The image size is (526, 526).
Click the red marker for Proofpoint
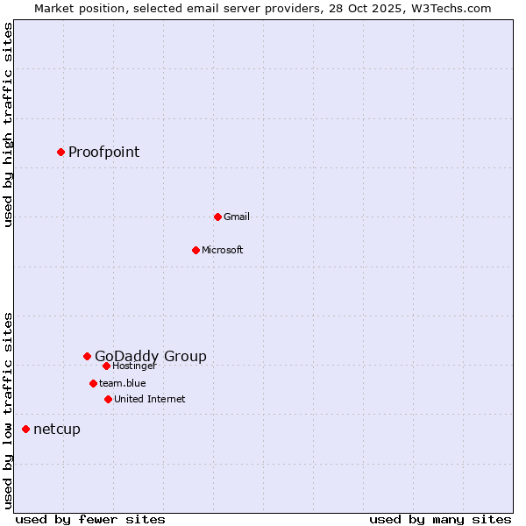pos(60,152)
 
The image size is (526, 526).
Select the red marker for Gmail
pos(217,217)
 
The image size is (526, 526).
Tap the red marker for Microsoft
pos(195,250)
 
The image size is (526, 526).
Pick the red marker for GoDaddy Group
pos(87,356)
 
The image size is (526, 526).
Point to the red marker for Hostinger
pos(106,366)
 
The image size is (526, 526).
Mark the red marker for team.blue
pos(93,383)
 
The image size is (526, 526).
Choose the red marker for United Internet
pos(108,399)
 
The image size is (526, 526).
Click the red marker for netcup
pos(25,429)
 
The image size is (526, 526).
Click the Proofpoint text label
pos(103,152)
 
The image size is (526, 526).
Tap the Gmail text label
pos(237,217)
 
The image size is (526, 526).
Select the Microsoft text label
pos(222,250)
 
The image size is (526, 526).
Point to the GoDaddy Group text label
pos(151,356)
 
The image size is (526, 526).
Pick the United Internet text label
pos(149,399)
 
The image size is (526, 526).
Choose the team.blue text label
pos(122,383)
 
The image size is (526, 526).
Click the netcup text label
pos(56,429)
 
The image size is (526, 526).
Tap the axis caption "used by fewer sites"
pos(89,519)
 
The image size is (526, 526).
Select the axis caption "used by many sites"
pos(440,519)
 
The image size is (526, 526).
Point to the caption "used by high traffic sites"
pos(8,124)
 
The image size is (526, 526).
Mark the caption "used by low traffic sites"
pos(8,409)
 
